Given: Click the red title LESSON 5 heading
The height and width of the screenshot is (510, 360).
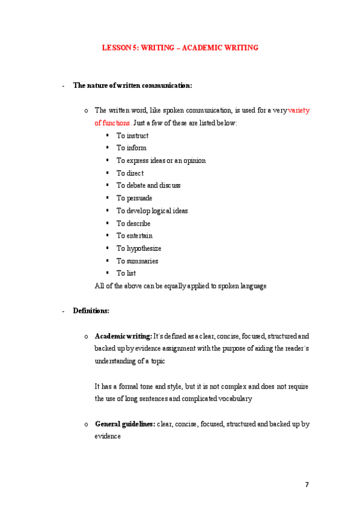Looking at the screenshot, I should click(x=180, y=48).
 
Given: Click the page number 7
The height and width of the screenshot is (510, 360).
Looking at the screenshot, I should click(x=308, y=484).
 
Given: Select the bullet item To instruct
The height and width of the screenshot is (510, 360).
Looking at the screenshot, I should click(x=132, y=136).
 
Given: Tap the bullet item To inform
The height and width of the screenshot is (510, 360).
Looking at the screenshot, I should click(x=131, y=148).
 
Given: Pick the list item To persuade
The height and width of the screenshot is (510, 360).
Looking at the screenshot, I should click(x=134, y=198).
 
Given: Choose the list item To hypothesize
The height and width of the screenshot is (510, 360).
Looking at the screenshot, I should click(x=138, y=248).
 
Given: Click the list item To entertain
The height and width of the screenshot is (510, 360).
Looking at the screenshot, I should click(x=135, y=236).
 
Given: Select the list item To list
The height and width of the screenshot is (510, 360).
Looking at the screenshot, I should click(x=126, y=273).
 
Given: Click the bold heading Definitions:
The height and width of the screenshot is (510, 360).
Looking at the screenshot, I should click(x=91, y=311).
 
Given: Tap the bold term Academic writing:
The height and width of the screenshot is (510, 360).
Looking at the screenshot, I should click(x=123, y=336).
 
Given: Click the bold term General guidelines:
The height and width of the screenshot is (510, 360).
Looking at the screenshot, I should click(x=125, y=424).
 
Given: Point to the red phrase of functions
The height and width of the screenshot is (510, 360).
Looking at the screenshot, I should click(x=112, y=123).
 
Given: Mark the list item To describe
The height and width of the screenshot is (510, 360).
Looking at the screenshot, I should click(x=133, y=223).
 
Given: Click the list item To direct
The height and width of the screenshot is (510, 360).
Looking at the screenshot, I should click(x=130, y=173).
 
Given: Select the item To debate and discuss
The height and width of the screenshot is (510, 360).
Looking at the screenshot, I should click(x=148, y=186).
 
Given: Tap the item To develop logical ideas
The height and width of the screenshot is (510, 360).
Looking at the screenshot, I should click(x=152, y=211).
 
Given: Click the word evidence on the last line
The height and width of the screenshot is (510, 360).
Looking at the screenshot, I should click(x=108, y=437).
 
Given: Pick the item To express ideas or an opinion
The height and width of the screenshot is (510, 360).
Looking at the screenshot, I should click(x=160, y=161).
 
